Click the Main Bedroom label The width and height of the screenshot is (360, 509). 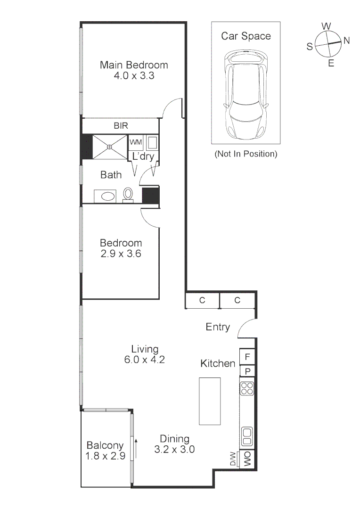click(x=134, y=66)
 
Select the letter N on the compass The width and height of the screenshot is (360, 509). click(x=346, y=41)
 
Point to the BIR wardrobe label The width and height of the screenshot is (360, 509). click(x=121, y=126)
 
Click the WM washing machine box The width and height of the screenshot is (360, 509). click(x=136, y=142)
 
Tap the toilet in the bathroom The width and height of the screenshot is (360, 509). click(x=128, y=194)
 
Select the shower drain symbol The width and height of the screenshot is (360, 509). click(x=109, y=147)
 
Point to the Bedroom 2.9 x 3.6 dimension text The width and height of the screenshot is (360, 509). click(x=121, y=254)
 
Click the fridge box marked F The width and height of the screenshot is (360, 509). click(x=247, y=356)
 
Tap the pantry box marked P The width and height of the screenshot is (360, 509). click(x=247, y=371)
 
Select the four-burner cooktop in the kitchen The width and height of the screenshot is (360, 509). click(x=247, y=388)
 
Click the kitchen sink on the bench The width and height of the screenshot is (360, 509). click(x=247, y=436)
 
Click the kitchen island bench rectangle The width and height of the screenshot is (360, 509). click(x=210, y=401)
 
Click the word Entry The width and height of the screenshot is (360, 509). click(x=218, y=327)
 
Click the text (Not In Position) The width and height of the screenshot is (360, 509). click(x=245, y=154)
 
